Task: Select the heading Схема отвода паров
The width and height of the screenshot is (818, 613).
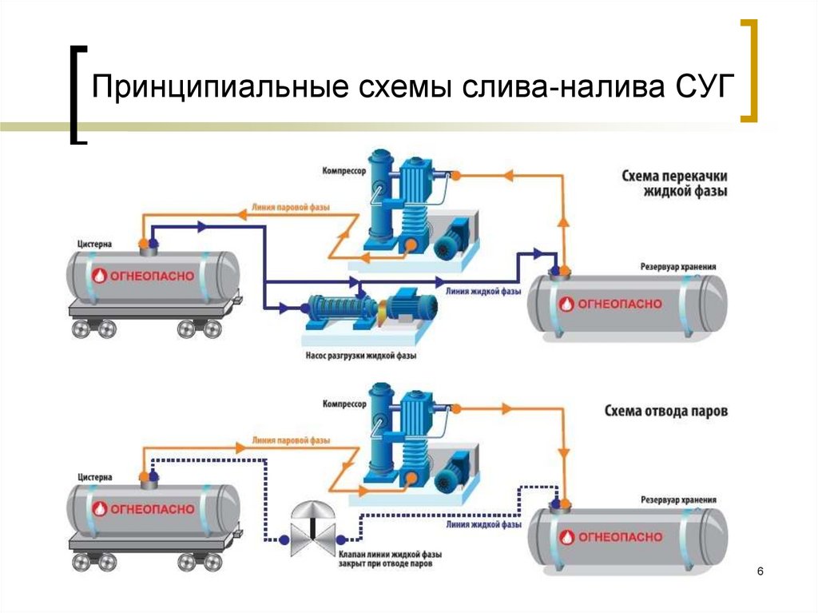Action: coord(665,412)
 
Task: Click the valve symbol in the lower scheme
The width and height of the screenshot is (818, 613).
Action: coord(312,531)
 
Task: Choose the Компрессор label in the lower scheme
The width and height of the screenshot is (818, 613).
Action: coord(344,404)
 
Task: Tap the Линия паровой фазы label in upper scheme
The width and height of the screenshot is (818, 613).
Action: coord(291,208)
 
